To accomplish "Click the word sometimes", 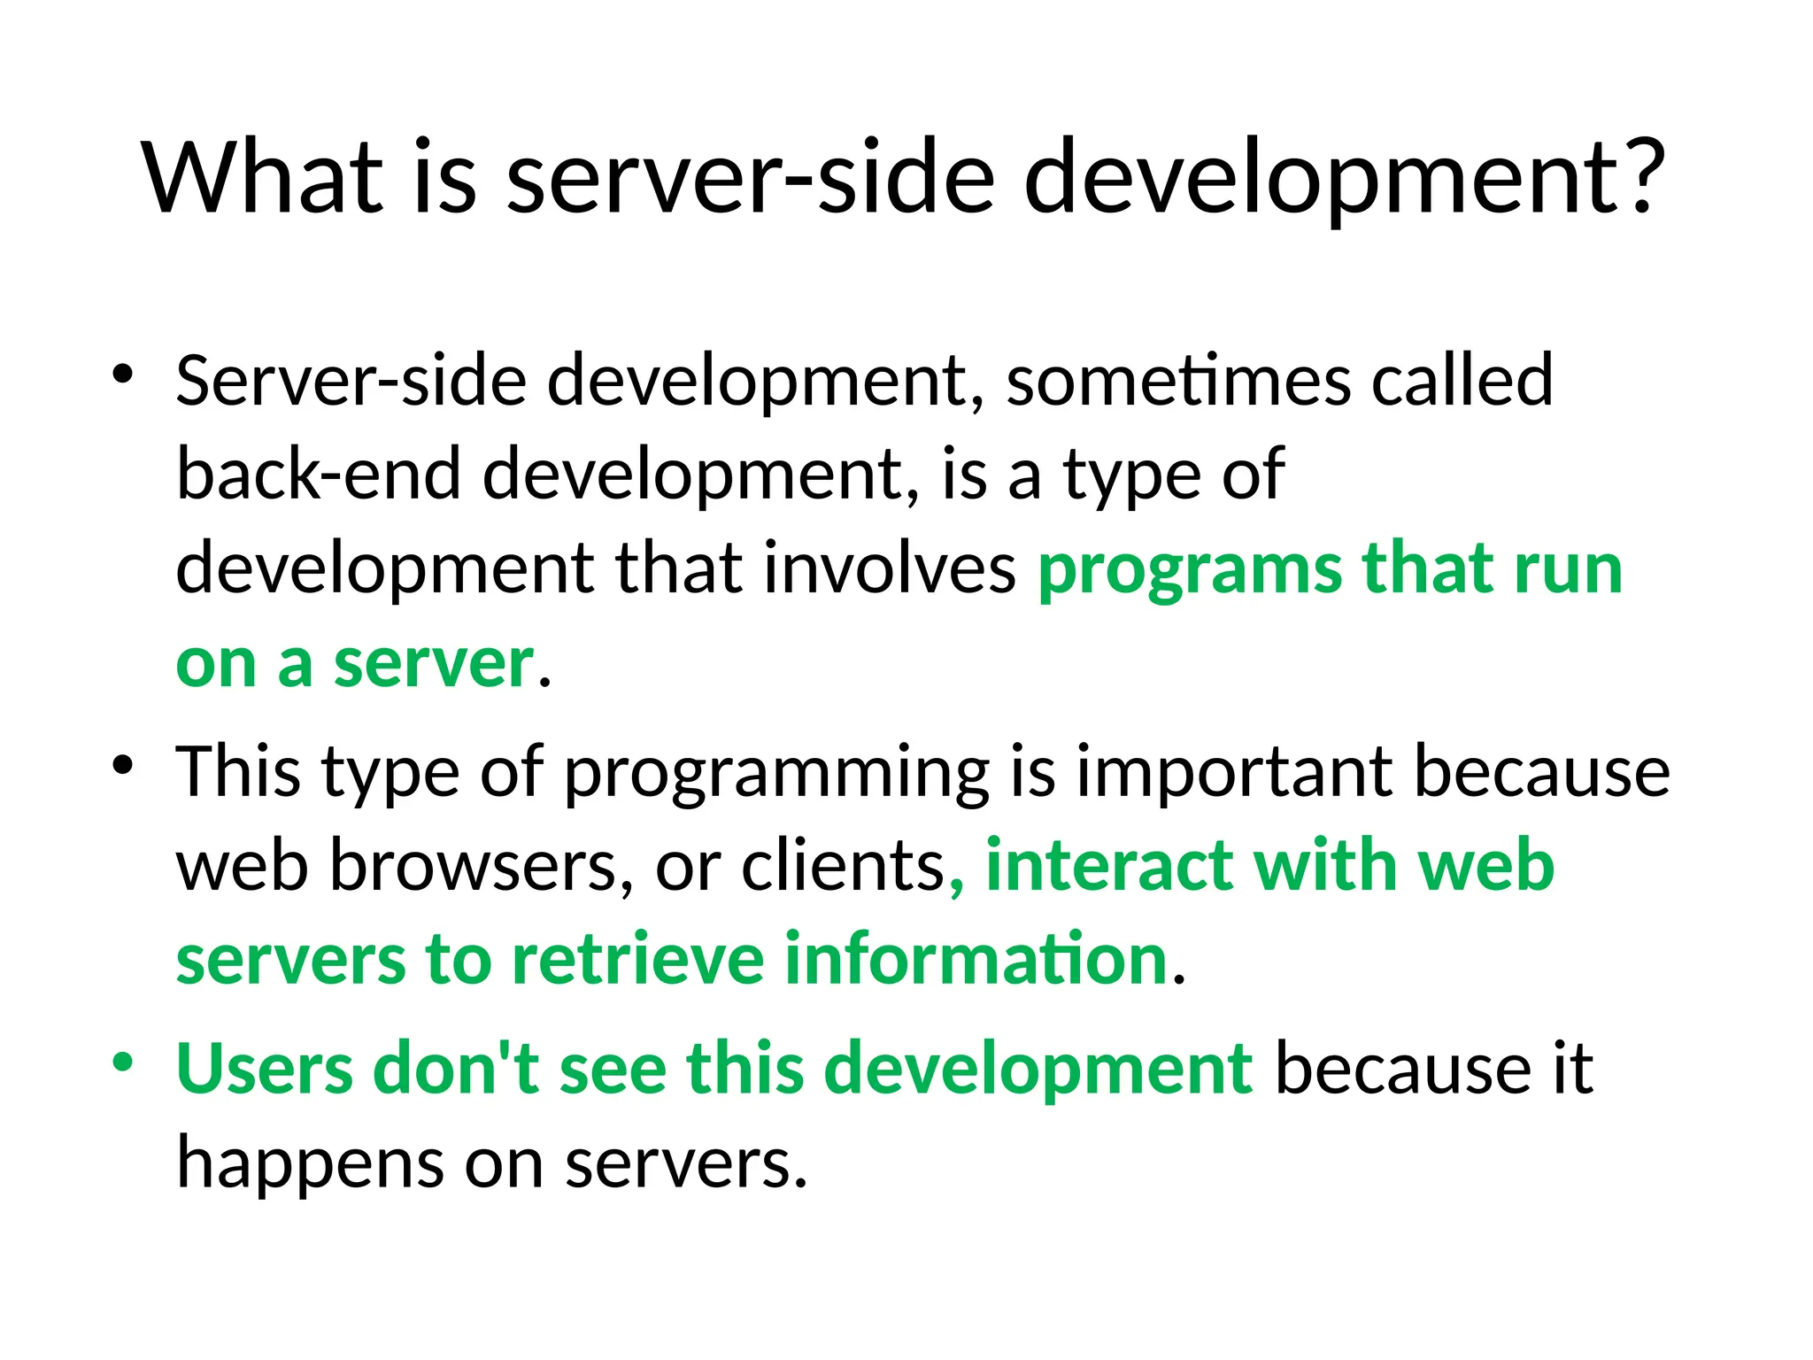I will coord(1178,381).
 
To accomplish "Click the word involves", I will coord(890,568).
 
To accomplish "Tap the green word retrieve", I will coord(638,960).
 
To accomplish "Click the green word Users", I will coord(264,1070).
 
